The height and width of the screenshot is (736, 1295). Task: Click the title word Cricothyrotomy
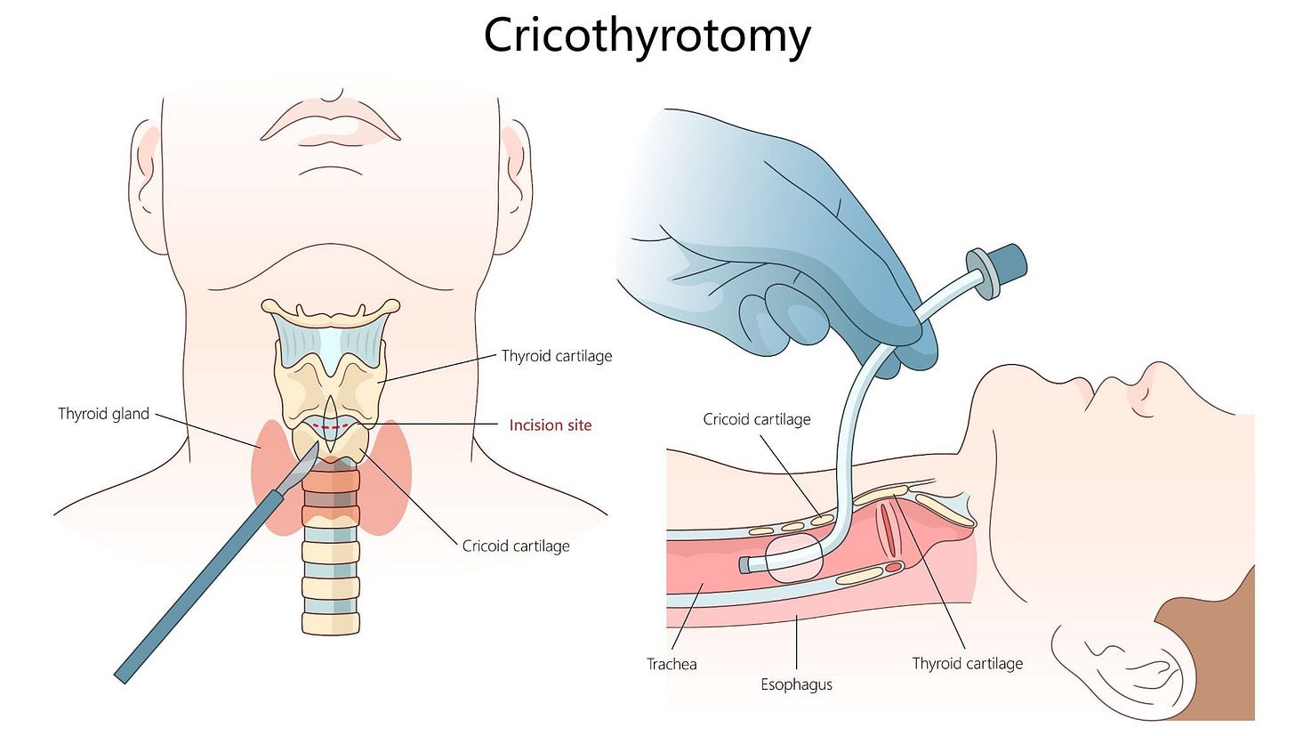pyautogui.click(x=647, y=36)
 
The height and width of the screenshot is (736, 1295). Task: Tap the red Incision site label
pyautogui.click(x=550, y=425)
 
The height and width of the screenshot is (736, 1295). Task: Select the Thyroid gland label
pyautogui.click(x=103, y=414)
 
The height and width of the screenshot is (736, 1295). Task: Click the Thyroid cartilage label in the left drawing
pyautogui.click(x=557, y=356)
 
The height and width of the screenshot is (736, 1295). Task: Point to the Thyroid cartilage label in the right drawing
pyautogui.click(x=967, y=663)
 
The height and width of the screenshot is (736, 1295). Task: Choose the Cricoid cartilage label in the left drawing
pyautogui.click(x=516, y=546)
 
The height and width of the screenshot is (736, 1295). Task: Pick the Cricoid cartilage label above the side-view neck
pyautogui.click(x=756, y=419)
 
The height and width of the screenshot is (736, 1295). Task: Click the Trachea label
pyautogui.click(x=672, y=664)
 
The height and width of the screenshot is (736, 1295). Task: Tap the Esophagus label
pyautogui.click(x=796, y=684)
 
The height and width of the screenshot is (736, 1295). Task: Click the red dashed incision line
pyautogui.click(x=330, y=427)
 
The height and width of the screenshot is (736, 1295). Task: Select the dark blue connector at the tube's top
pyautogui.click(x=1007, y=263)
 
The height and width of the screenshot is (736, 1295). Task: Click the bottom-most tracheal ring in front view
pyautogui.click(x=331, y=622)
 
